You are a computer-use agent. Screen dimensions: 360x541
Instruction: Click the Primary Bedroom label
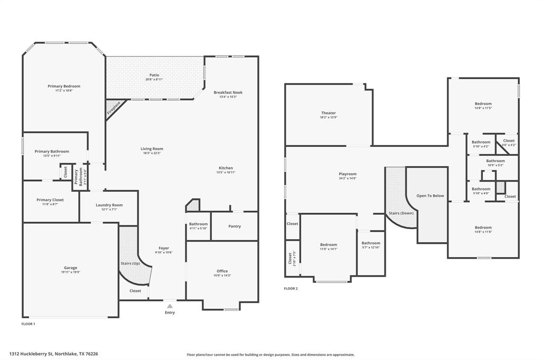click(64, 86)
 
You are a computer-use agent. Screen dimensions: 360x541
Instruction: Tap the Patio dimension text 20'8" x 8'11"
click(154, 80)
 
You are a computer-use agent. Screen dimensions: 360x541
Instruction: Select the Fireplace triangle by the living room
click(113, 108)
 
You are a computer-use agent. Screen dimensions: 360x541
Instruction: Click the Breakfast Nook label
click(228, 92)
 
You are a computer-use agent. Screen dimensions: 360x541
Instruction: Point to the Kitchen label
click(225, 168)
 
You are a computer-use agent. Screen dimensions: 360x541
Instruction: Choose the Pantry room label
click(235, 226)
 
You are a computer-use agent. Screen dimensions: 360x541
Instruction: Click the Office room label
click(222, 271)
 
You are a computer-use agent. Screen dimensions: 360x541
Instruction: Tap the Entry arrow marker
click(170, 306)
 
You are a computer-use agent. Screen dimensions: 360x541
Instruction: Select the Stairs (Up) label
click(130, 263)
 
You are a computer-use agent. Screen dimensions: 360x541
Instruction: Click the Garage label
click(70, 268)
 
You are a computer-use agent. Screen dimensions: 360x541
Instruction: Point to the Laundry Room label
click(109, 205)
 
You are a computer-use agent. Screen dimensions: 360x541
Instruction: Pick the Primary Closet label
click(50, 200)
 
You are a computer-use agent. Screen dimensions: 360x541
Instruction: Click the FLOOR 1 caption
click(28, 324)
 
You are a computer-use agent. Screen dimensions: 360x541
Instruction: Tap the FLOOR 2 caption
click(291, 289)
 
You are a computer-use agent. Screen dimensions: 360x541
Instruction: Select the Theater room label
click(329, 113)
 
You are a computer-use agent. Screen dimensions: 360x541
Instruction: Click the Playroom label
click(348, 174)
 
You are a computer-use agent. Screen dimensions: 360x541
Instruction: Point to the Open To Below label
click(430, 196)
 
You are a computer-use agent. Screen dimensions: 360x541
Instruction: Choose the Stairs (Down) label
click(401, 213)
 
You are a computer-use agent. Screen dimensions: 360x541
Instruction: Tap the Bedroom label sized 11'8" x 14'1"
click(329, 244)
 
